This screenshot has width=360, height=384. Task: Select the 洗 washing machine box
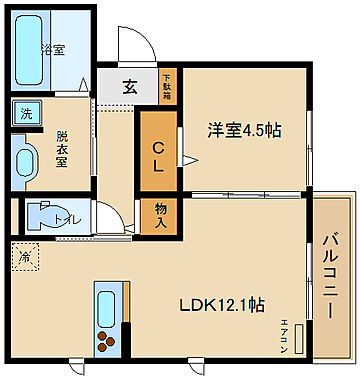coord(21,113)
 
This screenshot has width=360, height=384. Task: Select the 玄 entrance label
coord(130,86)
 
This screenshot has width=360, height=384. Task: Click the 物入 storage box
coord(159,215)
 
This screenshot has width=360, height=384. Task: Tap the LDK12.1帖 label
coord(221,303)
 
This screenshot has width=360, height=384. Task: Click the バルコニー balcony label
coord(329,276)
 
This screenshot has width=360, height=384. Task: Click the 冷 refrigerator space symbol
coord(24,257)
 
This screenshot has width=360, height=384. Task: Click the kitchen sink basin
coord(106,304)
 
